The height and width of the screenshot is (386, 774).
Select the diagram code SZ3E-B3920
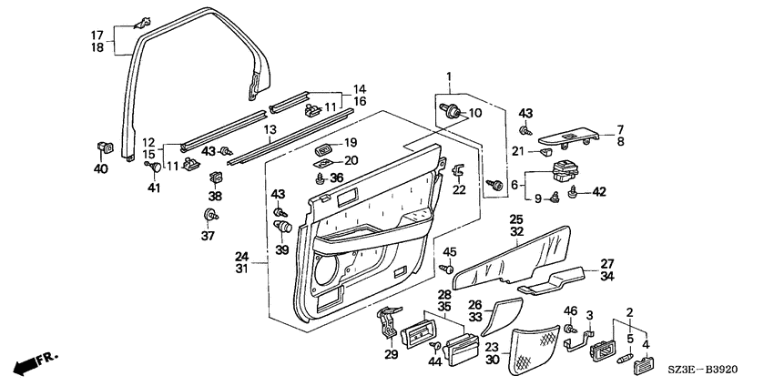706,370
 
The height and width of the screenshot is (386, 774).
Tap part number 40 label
100,168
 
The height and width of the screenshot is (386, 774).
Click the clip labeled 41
153,166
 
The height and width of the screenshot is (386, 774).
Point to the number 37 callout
208,236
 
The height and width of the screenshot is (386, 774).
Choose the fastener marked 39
283,228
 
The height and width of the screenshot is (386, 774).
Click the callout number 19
350,144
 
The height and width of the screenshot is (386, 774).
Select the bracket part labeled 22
457,171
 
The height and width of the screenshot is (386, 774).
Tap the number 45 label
449,253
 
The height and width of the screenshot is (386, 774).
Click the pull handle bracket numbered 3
578,340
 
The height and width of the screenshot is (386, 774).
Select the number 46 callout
571,311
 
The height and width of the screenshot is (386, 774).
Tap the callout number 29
392,354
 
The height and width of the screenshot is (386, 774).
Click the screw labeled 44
435,345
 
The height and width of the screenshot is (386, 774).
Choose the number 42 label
599,192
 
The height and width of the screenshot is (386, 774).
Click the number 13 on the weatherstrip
270,130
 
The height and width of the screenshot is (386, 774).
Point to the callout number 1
449,76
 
